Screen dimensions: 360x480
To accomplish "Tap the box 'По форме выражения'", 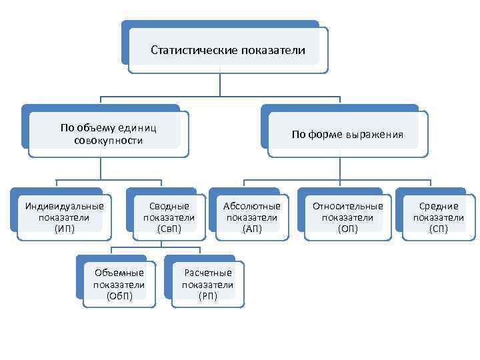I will point(347,134).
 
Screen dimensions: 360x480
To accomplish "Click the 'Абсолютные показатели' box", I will point(252,217).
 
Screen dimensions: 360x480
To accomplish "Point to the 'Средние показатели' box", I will point(438,217).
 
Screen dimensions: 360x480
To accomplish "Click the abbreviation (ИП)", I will point(65,229).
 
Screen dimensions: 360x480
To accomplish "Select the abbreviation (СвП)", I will point(169,229).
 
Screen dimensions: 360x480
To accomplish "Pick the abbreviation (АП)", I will point(252,229).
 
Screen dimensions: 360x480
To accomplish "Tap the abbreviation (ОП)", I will point(348,229).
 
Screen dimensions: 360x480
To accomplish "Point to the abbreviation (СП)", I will point(438,229).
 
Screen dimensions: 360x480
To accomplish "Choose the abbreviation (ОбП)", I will point(119,296).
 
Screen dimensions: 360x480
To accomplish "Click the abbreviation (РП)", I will point(208,296).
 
